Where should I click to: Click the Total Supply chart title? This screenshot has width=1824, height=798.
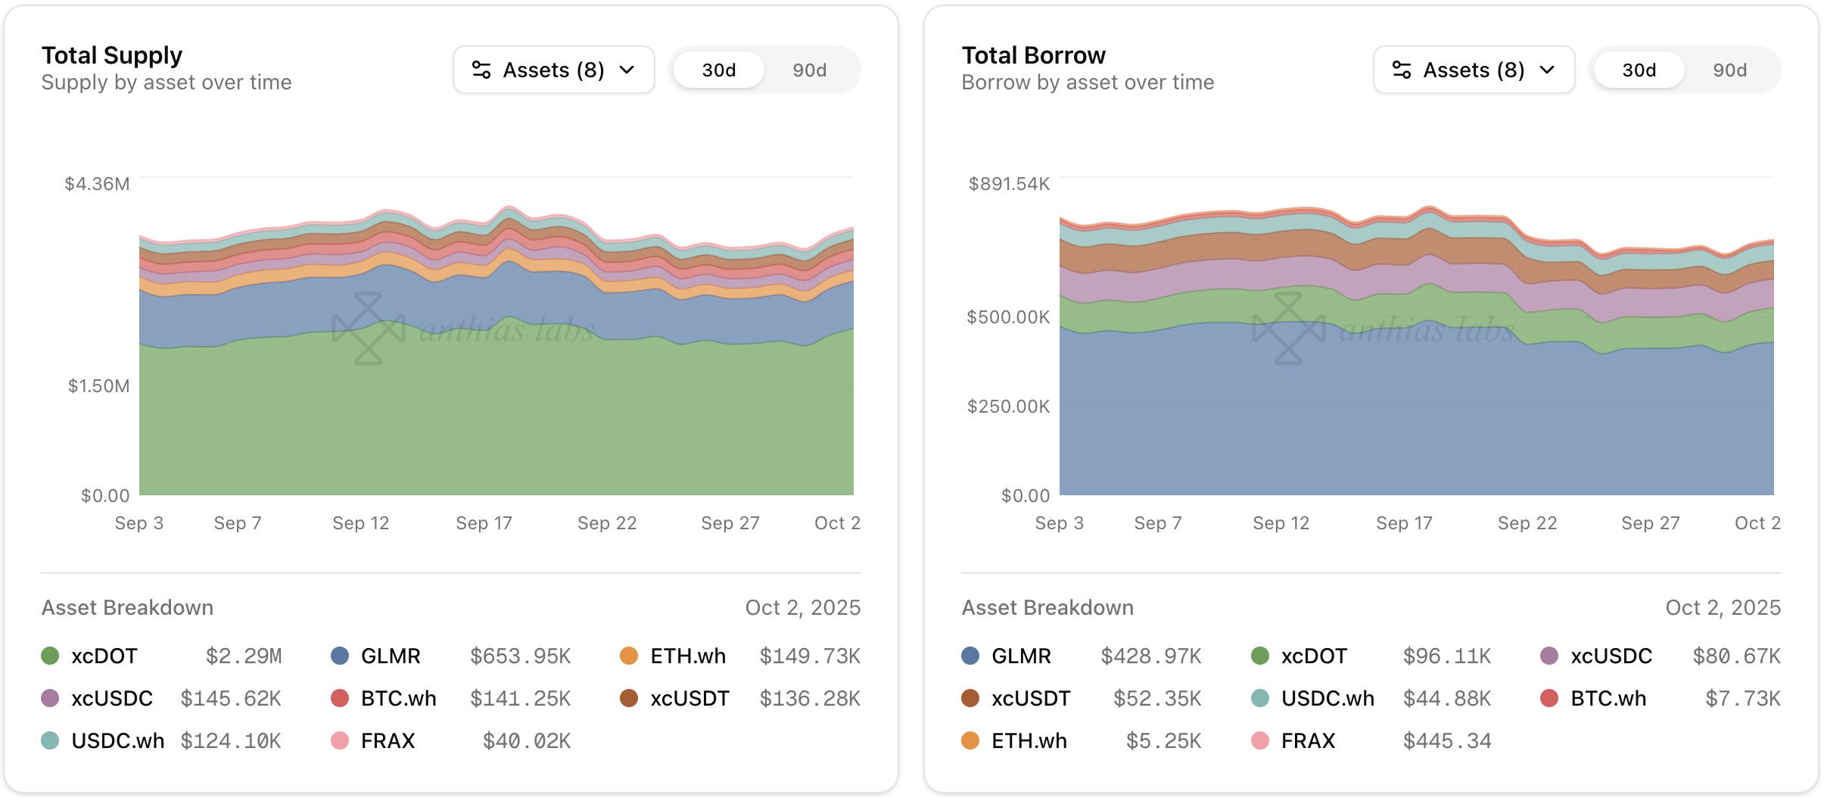pos(112,55)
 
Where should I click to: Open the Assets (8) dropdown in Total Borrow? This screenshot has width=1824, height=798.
pos(1474,70)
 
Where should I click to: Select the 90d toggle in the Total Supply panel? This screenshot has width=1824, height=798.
pos(809,70)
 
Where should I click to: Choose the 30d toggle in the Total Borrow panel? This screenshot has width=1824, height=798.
pos(1639,70)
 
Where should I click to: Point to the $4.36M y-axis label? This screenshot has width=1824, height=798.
pos(97,184)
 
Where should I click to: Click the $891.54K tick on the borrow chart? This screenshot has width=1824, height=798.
pos(1009,184)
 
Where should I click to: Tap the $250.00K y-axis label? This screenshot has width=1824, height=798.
pos(1008,407)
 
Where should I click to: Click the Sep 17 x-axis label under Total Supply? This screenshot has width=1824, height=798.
pos(484,523)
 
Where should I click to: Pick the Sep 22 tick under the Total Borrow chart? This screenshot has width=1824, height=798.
pos(1527,523)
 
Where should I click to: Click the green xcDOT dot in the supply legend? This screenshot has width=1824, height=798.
pos(50,656)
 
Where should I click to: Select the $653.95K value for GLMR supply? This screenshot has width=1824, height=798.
pos(520,656)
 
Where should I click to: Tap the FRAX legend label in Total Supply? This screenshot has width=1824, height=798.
pos(388,740)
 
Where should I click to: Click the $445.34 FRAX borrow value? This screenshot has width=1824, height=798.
pos(1447,740)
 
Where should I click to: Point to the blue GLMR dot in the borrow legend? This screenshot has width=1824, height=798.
pos(970,656)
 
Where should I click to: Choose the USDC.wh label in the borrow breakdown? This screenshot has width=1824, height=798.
pos(1328,698)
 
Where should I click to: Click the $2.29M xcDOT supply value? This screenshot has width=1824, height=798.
pos(244,656)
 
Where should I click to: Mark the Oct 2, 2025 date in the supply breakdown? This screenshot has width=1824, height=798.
pos(802,607)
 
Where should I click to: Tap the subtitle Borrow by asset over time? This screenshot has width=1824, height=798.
pos(1088,83)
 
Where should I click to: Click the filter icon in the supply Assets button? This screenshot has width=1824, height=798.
pos(481,70)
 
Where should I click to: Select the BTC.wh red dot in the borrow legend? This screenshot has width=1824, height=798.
pos(1549,698)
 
